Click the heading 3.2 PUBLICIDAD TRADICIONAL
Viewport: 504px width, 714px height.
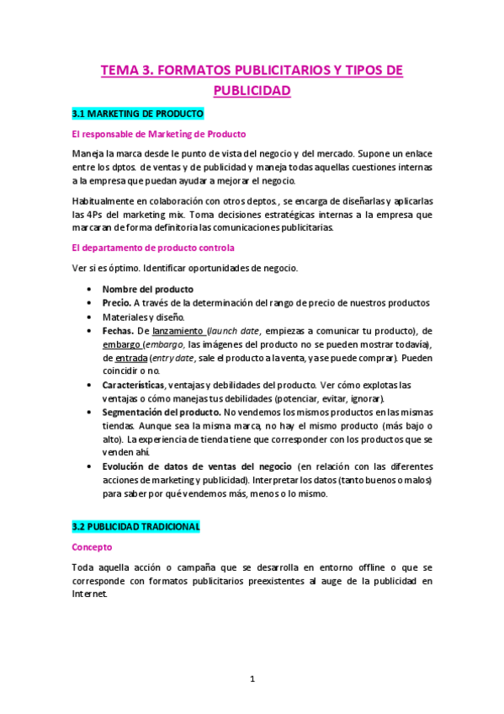(x=136, y=525)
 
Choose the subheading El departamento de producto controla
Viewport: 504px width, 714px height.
(x=152, y=248)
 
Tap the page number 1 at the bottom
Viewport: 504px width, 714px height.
(x=252, y=679)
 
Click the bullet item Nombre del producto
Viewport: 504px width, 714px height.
(x=148, y=289)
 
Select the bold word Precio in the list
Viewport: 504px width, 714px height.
(x=116, y=302)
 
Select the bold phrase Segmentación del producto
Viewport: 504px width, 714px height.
(x=161, y=411)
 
